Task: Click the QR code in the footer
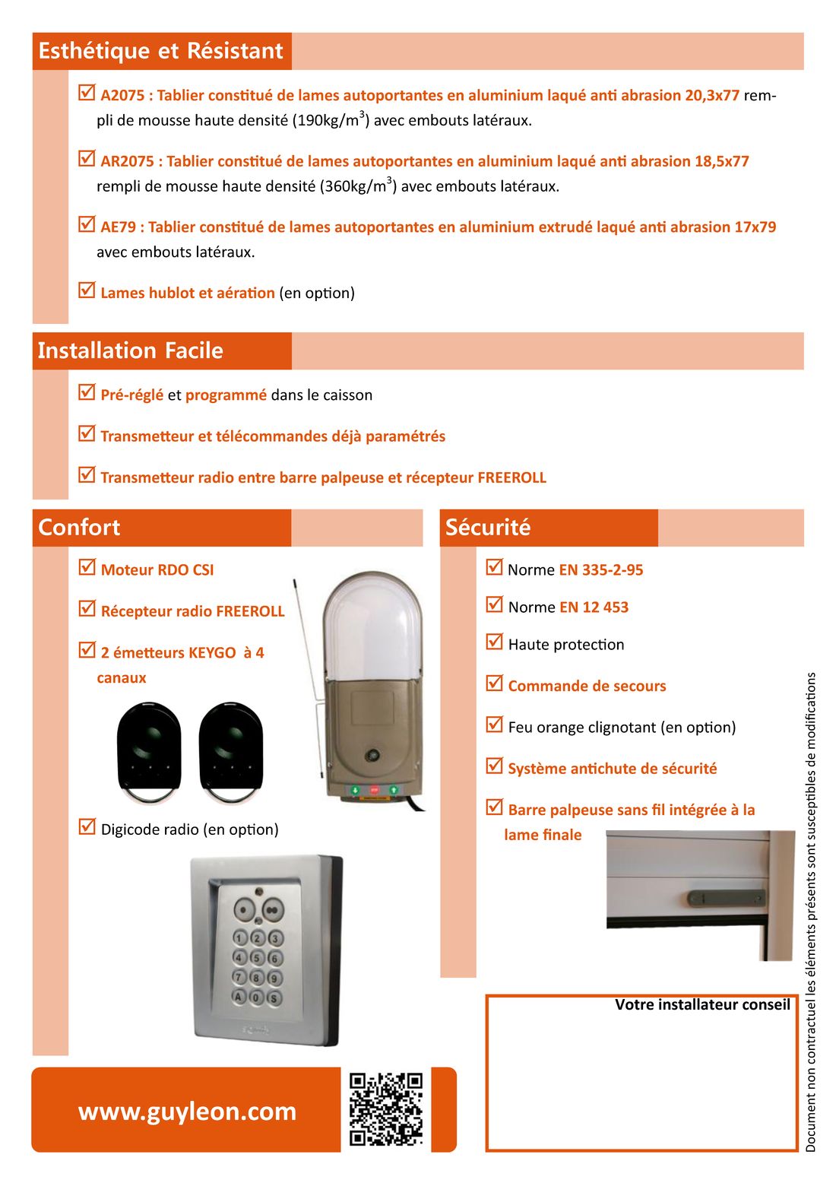point(385,1108)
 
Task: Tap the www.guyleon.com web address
point(187,1111)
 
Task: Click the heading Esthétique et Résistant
point(160,51)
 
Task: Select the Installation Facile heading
point(131,350)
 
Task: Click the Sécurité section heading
point(488,527)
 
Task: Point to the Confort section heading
point(79,527)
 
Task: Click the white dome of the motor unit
point(372,627)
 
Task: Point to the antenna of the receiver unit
point(306,669)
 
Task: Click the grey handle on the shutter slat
point(726,898)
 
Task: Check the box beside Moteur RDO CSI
point(87,567)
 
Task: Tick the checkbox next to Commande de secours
point(495,683)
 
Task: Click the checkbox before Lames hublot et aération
point(87,290)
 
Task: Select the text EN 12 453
point(594,607)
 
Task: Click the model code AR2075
point(127,161)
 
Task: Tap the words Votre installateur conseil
point(702,1005)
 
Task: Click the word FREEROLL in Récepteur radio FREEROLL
point(250,611)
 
